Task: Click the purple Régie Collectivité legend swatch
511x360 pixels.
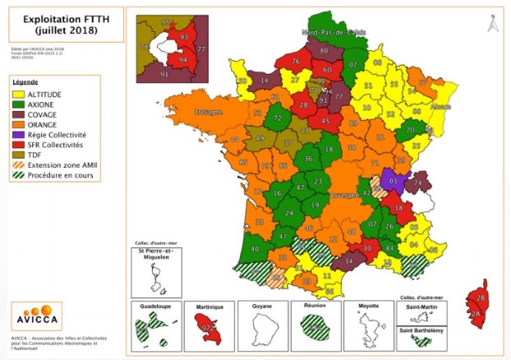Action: click(x=21, y=134)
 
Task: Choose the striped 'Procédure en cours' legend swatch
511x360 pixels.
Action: click(x=21, y=174)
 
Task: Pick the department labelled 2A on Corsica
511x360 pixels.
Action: click(x=476, y=313)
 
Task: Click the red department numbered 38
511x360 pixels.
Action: click(x=398, y=209)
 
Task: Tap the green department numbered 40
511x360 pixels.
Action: click(x=255, y=249)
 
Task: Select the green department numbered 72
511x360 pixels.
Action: click(x=279, y=118)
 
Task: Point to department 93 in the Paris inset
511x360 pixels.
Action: click(x=184, y=37)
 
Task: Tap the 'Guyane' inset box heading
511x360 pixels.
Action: click(x=264, y=305)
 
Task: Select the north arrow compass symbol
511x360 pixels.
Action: click(x=492, y=23)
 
